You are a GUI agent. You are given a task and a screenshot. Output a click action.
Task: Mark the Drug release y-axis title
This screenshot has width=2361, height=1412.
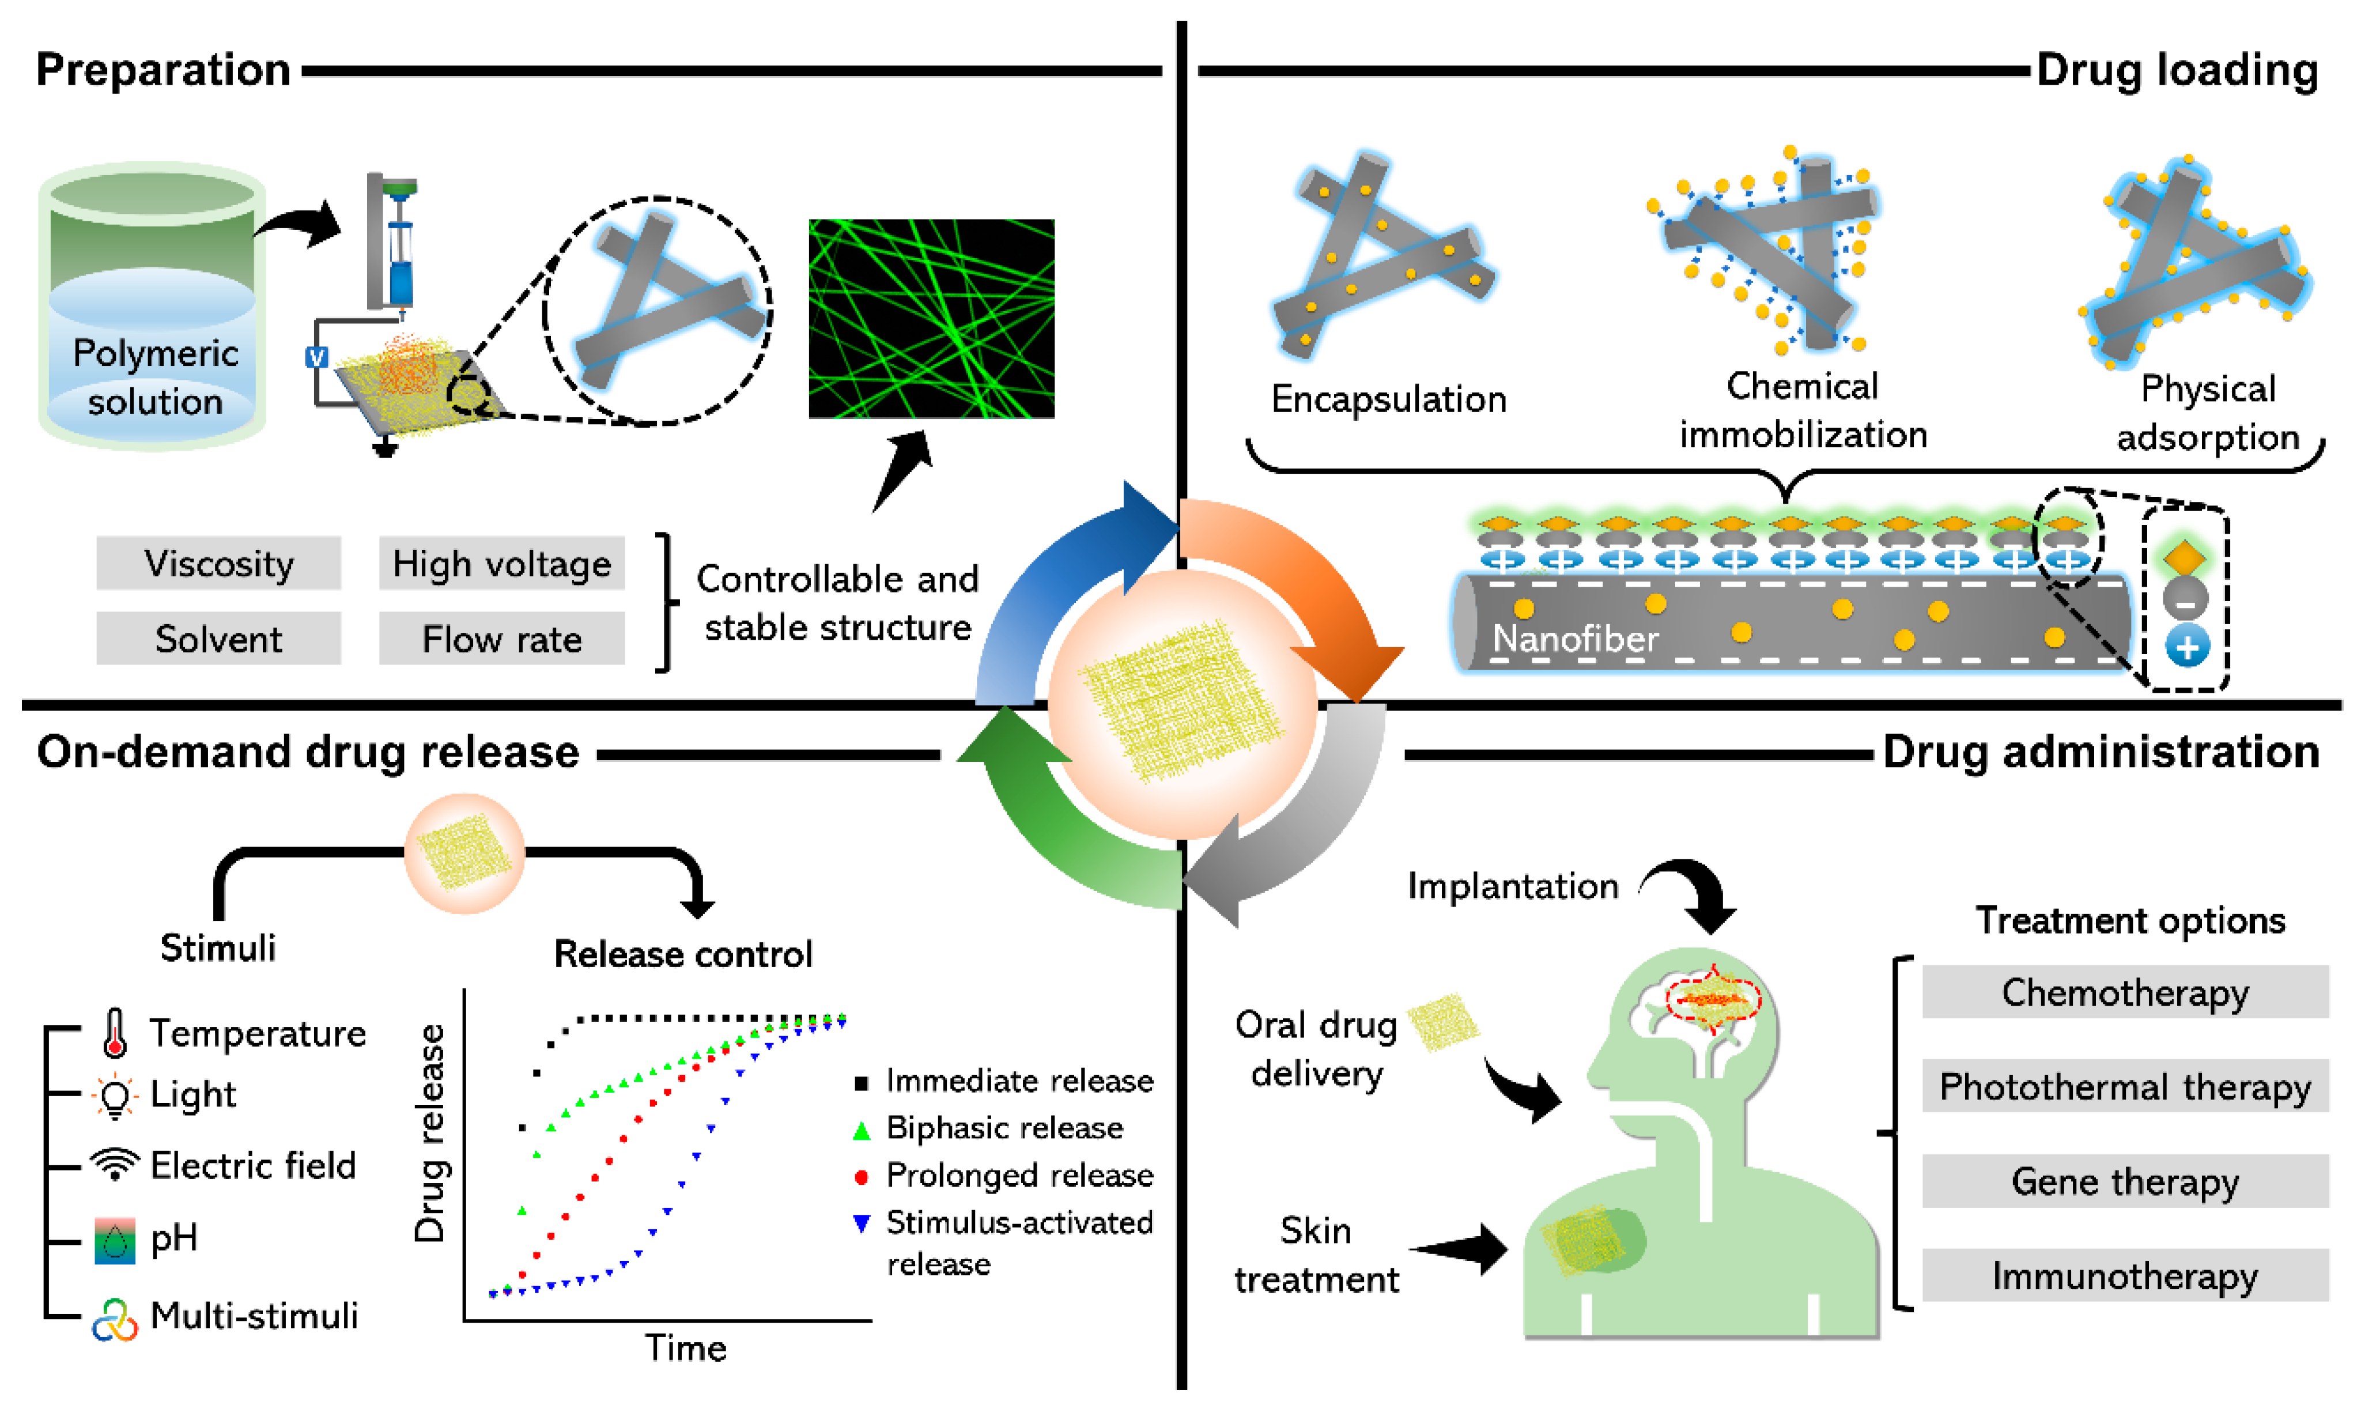click(x=430, y=1132)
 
